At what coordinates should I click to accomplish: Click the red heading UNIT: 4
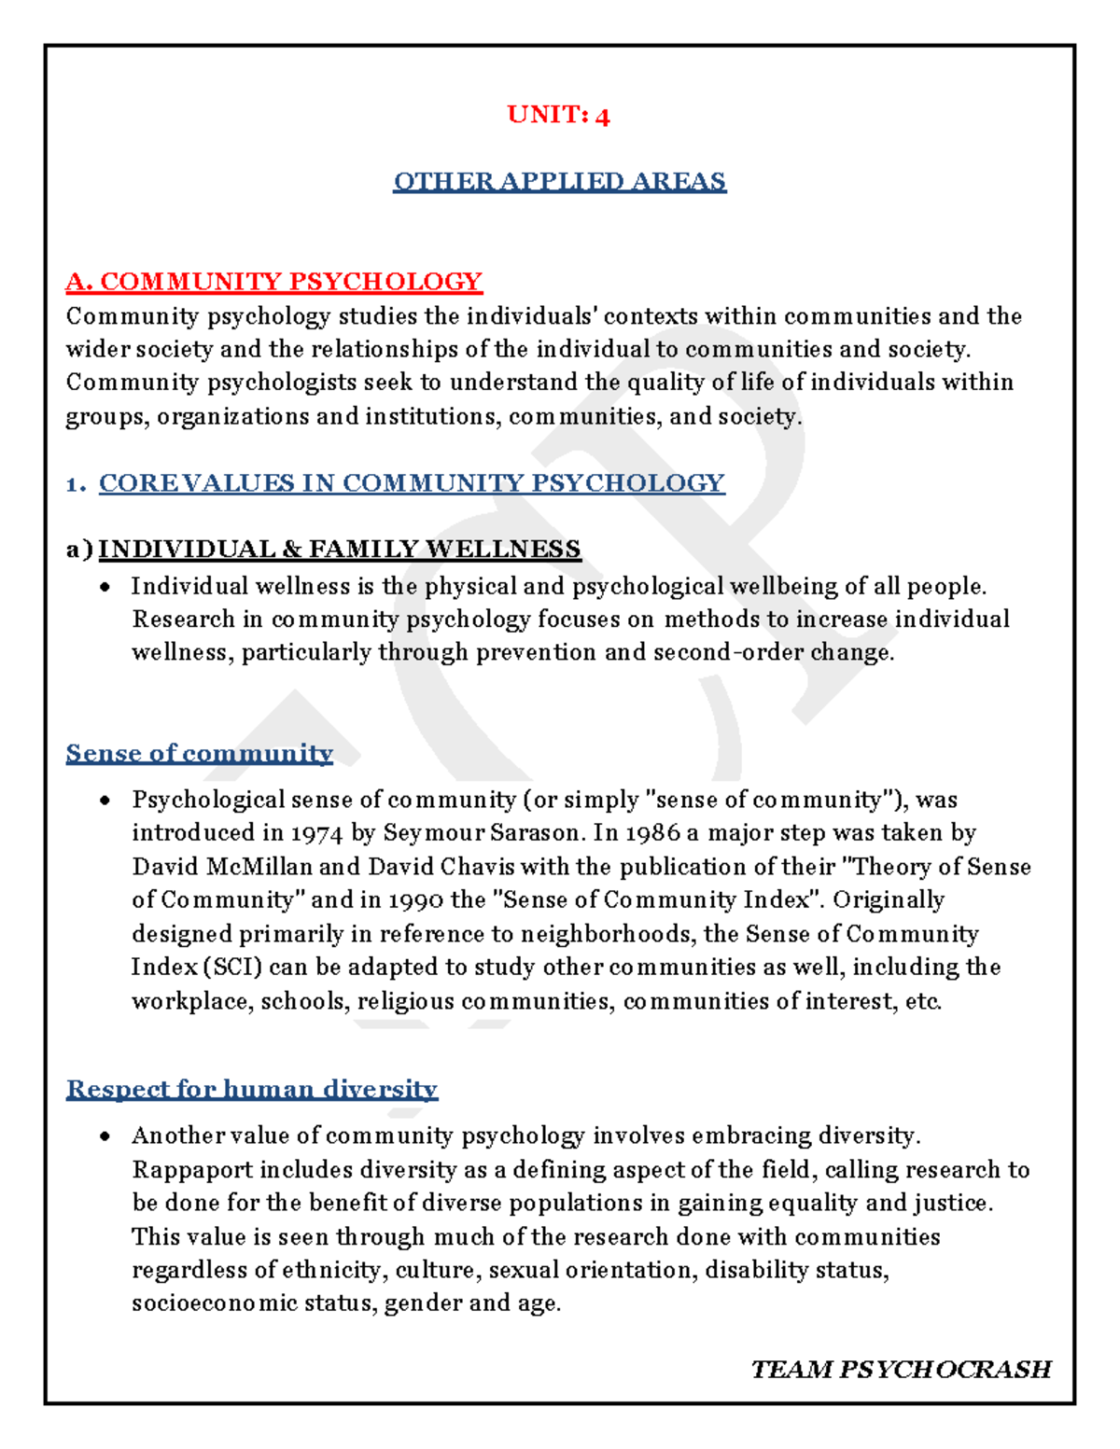558,115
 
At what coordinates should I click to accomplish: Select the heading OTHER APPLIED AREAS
559,181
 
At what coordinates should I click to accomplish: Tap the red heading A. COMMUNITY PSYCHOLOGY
273,281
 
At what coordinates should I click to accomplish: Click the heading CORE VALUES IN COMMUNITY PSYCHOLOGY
412,482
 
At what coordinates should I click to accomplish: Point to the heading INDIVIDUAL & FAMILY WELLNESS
340,549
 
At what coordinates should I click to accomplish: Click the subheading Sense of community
199,753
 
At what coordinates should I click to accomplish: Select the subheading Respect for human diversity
252,1089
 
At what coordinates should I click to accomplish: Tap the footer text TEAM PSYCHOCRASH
901,1369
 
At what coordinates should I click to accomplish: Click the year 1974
316,833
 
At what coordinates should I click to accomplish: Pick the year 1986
652,833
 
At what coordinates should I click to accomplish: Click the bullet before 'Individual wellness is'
106,587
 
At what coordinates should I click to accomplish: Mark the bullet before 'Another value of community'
106,1136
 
